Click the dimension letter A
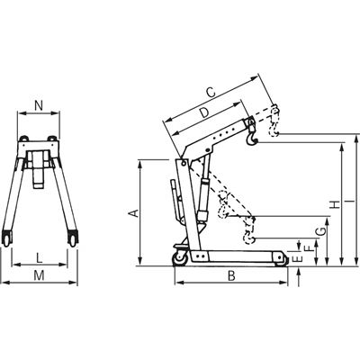point(131,213)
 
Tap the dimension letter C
point(210,91)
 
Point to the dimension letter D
point(204,112)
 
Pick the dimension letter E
point(297,258)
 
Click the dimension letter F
point(308,246)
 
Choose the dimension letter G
point(319,233)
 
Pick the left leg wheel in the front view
point(10,239)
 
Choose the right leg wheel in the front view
point(72,239)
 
